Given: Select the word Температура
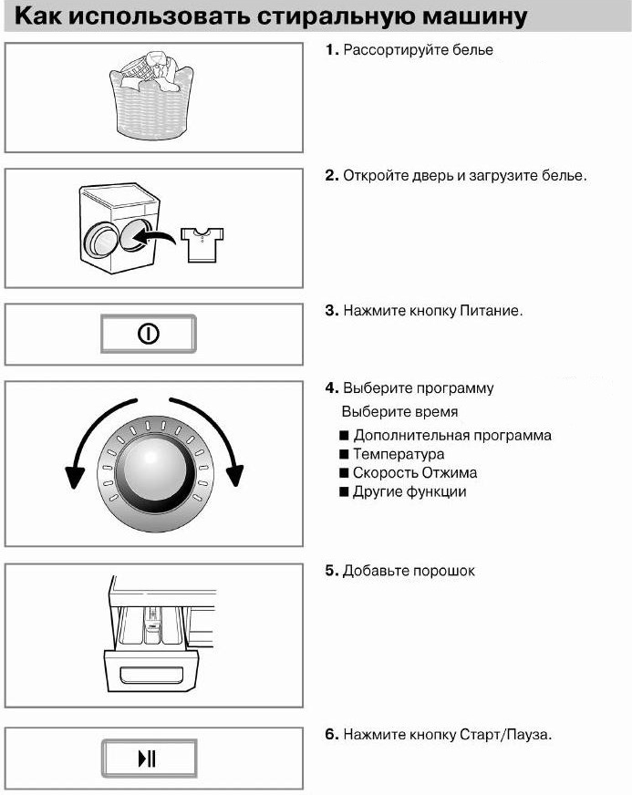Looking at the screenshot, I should [399, 454].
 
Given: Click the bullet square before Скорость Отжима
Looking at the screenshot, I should [344, 473].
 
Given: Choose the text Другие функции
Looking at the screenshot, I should [409, 492].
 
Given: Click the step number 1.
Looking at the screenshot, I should [332, 50].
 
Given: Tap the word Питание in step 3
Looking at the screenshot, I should [493, 311].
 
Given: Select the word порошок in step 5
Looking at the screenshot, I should [444, 571].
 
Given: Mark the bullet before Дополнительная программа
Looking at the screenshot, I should [344, 435].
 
